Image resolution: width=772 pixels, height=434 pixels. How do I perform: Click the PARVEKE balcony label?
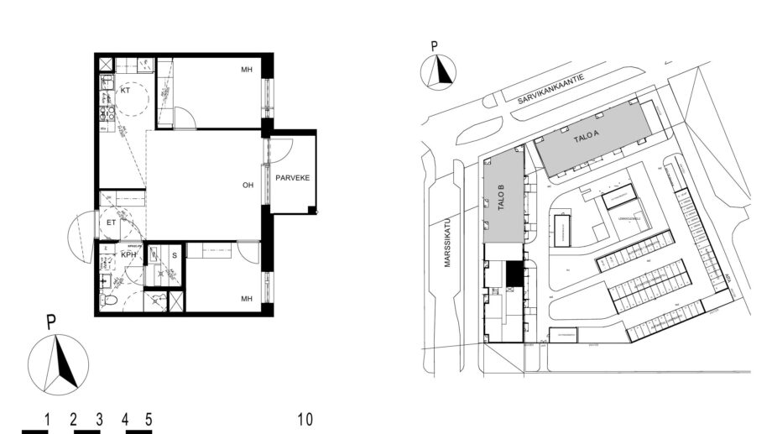[x=292, y=177]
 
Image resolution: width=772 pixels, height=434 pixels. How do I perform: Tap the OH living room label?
[x=248, y=186]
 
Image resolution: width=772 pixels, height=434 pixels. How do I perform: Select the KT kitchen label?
[x=125, y=90]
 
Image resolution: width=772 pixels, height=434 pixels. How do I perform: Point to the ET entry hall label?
[x=111, y=222]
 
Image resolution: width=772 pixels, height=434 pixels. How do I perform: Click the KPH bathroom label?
[x=128, y=254]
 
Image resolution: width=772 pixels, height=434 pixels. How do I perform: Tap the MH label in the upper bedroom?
[x=247, y=70]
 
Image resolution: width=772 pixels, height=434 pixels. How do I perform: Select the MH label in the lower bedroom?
[x=247, y=298]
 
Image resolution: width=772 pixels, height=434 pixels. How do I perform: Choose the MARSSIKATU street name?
[x=447, y=244]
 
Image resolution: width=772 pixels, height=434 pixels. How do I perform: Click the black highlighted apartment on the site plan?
[x=513, y=272]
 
